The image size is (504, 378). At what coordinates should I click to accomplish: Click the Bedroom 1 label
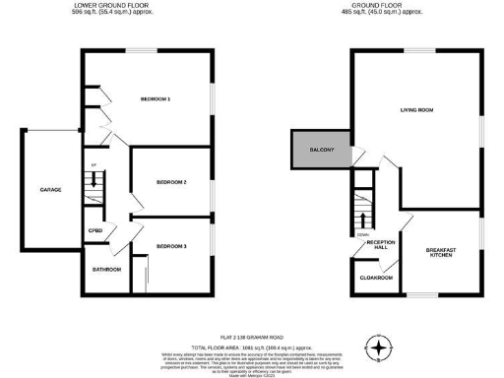(x=156, y=99)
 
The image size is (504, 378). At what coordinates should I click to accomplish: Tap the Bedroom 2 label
(x=171, y=182)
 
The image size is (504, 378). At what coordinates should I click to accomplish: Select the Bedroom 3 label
(x=171, y=247)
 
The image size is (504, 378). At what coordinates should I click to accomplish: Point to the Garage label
(x=50, y=189)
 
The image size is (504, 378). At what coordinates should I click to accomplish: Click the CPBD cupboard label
(x=95, y=232)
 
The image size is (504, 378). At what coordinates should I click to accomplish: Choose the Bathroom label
(x=106, y=269)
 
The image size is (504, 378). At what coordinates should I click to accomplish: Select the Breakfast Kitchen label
(x=439, y=254)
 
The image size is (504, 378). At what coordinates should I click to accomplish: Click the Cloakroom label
(x=378, y=279)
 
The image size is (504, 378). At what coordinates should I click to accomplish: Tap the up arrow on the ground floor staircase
(x=363, y=219)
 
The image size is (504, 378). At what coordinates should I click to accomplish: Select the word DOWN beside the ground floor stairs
(x=362, y=234)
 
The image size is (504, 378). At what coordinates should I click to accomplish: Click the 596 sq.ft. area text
(x=110, y=12)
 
